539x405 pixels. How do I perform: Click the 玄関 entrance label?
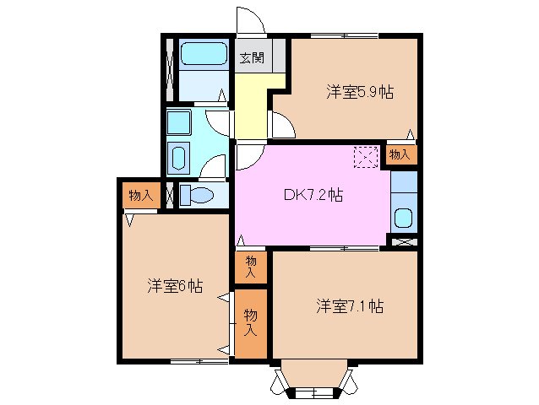coord(251,58)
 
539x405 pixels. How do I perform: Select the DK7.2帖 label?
coord(312,195)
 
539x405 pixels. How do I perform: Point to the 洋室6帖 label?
coord(174,286)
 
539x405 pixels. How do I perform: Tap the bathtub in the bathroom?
coord(203,56)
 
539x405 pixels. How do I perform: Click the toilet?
coord(199,195)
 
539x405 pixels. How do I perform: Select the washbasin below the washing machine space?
coord(179,158)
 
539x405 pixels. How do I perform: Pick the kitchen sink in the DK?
coord(403,219)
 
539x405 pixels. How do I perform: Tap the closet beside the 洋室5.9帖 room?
coord(400,154)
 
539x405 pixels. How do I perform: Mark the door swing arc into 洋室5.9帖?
coord(282,127)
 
